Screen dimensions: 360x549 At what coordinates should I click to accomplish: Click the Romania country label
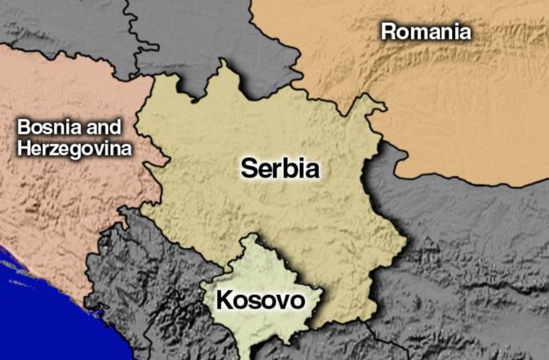point(426,32)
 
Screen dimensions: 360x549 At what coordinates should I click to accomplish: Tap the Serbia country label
point(280,169)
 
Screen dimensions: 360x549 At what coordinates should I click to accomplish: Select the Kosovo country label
point(260,301)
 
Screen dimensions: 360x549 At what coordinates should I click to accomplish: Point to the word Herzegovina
point(74,149)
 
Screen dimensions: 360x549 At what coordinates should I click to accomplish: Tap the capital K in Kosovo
point(224,301)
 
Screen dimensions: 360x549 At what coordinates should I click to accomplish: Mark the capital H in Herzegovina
point(23,149)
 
